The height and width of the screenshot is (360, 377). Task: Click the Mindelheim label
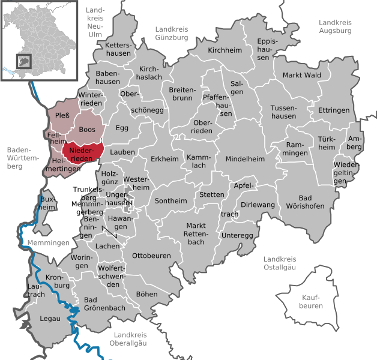click(245, 159)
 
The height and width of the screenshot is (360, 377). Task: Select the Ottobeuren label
click(151, 256)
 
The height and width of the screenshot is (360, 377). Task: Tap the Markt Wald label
click(301, 75)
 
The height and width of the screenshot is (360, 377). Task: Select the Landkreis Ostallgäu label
click(285, 263)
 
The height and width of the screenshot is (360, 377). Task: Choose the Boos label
click(87, 130)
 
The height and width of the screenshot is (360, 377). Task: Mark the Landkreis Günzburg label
click(172, 33)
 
